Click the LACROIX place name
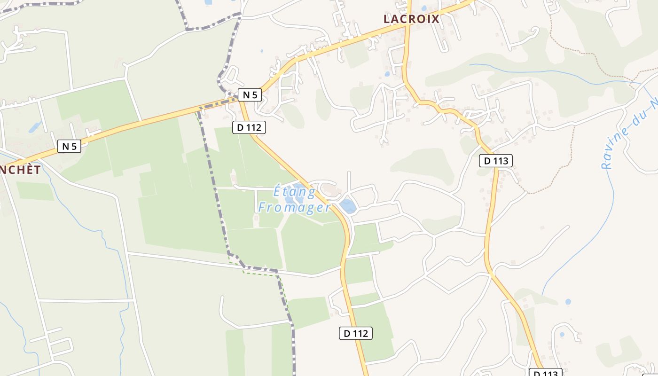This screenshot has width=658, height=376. (411, 19)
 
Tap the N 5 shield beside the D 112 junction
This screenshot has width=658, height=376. (250, 95)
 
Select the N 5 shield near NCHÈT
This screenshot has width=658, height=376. (69, 146)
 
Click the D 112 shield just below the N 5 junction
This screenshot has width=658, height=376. (249, 127)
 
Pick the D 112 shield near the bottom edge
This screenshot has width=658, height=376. (355, 333)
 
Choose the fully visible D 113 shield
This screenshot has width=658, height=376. (496, 161)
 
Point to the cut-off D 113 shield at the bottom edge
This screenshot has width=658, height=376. (546, 373)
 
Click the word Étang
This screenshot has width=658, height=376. (295, 192)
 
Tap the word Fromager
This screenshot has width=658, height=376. (295, 207)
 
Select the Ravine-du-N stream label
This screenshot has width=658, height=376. (630, 134)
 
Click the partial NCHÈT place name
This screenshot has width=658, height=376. (20, 170)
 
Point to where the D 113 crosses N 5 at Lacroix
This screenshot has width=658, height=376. (408, 24)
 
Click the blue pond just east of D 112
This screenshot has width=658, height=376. (348, 206)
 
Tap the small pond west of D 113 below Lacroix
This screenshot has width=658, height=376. (387, 74)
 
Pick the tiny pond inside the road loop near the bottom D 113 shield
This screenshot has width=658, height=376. (562, 335)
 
